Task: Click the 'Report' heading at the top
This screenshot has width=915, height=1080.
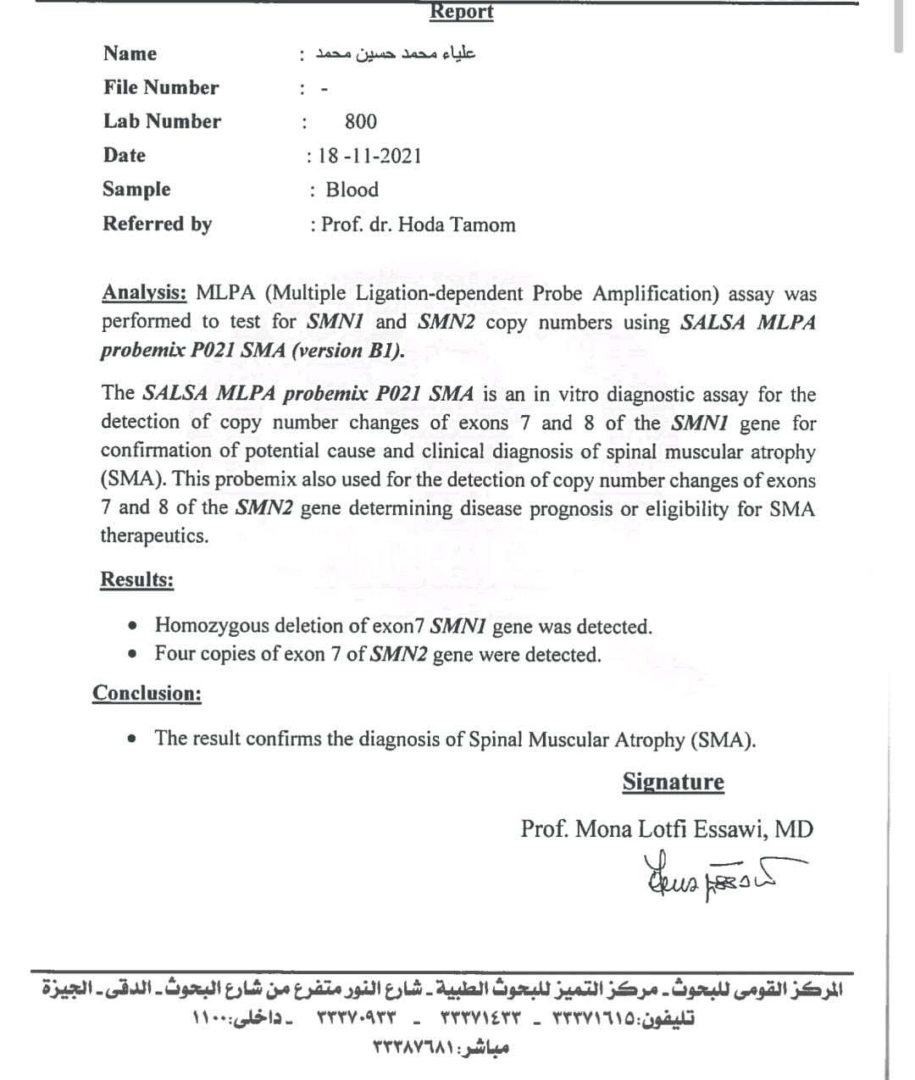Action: click(x=461, y=12)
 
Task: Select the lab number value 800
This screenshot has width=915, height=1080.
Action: click(x=361, y=122)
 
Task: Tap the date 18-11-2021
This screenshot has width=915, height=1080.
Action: click(x=369, y=156)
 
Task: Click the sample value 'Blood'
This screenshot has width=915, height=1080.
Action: click(x=352, y=190)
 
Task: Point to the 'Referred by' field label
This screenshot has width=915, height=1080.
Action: click(x=157, y=224)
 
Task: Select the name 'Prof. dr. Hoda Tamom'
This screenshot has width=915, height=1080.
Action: click(x=418, y=225)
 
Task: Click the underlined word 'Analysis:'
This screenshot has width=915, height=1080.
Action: click(x=144, y=293)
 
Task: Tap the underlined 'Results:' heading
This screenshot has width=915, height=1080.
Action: click(x=137, y=580)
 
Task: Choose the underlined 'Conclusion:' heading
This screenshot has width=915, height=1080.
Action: click(x=147, y=694)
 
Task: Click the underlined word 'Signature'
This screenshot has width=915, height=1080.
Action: click(x=674, y=782)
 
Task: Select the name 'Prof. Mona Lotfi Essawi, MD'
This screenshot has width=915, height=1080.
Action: click(x=667, y=829)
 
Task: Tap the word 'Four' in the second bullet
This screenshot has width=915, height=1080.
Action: click(x=175, y=654)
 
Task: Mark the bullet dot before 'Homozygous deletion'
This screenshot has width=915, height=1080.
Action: click(x=132, y=627)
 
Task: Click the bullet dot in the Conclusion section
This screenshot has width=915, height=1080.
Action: click(x=132, y=739)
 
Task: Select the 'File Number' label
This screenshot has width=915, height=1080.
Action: click(x=161, y=88)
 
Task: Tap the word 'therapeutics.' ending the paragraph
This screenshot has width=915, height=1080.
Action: click(x=154, y=536)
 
